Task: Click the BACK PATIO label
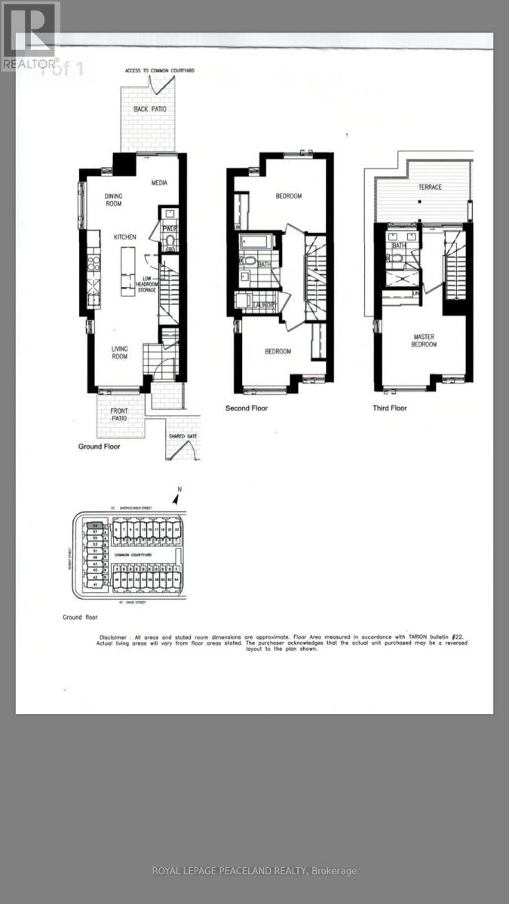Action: [150, 109]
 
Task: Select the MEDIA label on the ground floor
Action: [159, 182]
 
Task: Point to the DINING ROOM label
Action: [113, 200]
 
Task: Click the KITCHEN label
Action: [125, 237]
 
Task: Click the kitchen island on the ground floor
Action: [127, 269]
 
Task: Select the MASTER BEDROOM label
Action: [424, 341]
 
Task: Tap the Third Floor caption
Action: [390, 408]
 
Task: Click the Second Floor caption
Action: [247, 408]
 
